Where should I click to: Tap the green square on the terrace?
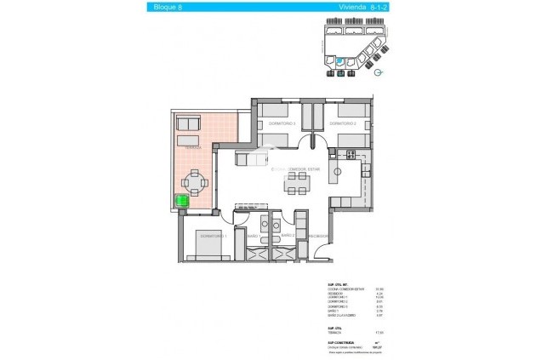181,202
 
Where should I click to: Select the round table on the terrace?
197,181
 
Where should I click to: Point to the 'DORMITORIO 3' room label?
281,125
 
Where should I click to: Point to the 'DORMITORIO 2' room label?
350,125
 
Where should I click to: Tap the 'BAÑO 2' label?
288,236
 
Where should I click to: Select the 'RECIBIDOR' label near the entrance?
318,236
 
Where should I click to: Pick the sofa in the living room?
251,160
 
